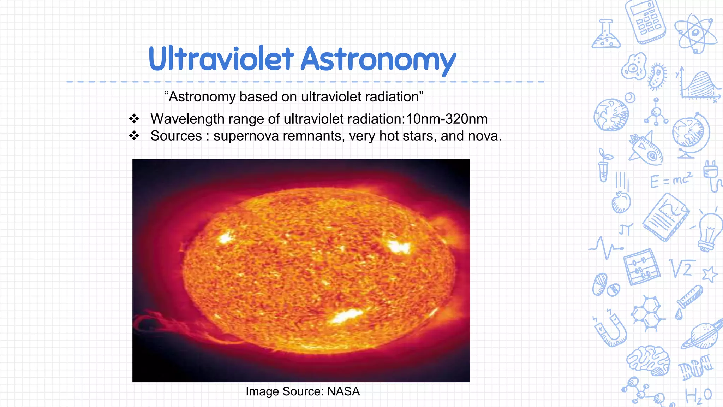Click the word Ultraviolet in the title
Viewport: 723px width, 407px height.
(x=221, y=59)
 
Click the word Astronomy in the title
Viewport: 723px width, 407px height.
(x=378, y=59)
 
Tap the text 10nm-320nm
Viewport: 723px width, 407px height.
(x=447, y=119)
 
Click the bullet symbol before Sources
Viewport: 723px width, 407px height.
(x=134, y=136)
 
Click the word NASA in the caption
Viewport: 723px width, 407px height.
(x=343, y=391)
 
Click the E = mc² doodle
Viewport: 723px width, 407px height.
(x=671, y=180)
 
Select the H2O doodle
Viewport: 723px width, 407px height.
(x=698, y=396)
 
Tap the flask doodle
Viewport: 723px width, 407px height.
(x=606, y=35)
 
